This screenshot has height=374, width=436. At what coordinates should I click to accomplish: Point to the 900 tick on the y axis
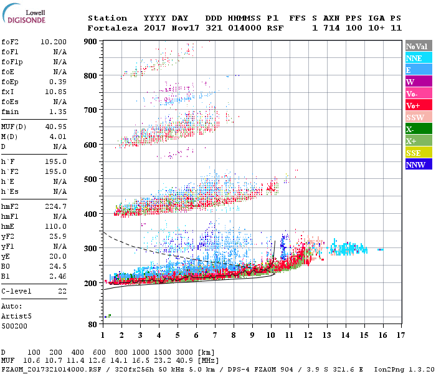pyautogui.click(x=91, y=41)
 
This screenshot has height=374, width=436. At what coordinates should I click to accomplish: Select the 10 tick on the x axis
pyautogui.click(x=271, y=335)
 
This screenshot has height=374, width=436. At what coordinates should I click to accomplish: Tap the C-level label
pyautogui.click(x=16, y=291)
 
